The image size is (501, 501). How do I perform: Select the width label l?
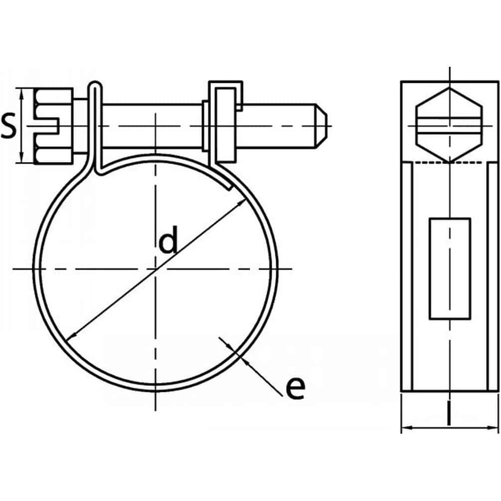pos(450,415)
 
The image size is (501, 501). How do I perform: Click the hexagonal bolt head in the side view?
pos(450,125)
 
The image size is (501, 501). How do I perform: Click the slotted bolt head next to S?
pos(54,126)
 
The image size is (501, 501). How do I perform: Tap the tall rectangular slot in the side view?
pos(450,268)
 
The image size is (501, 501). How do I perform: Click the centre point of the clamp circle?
pos(156,269)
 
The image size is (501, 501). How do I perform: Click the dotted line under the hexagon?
pos(450,163)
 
